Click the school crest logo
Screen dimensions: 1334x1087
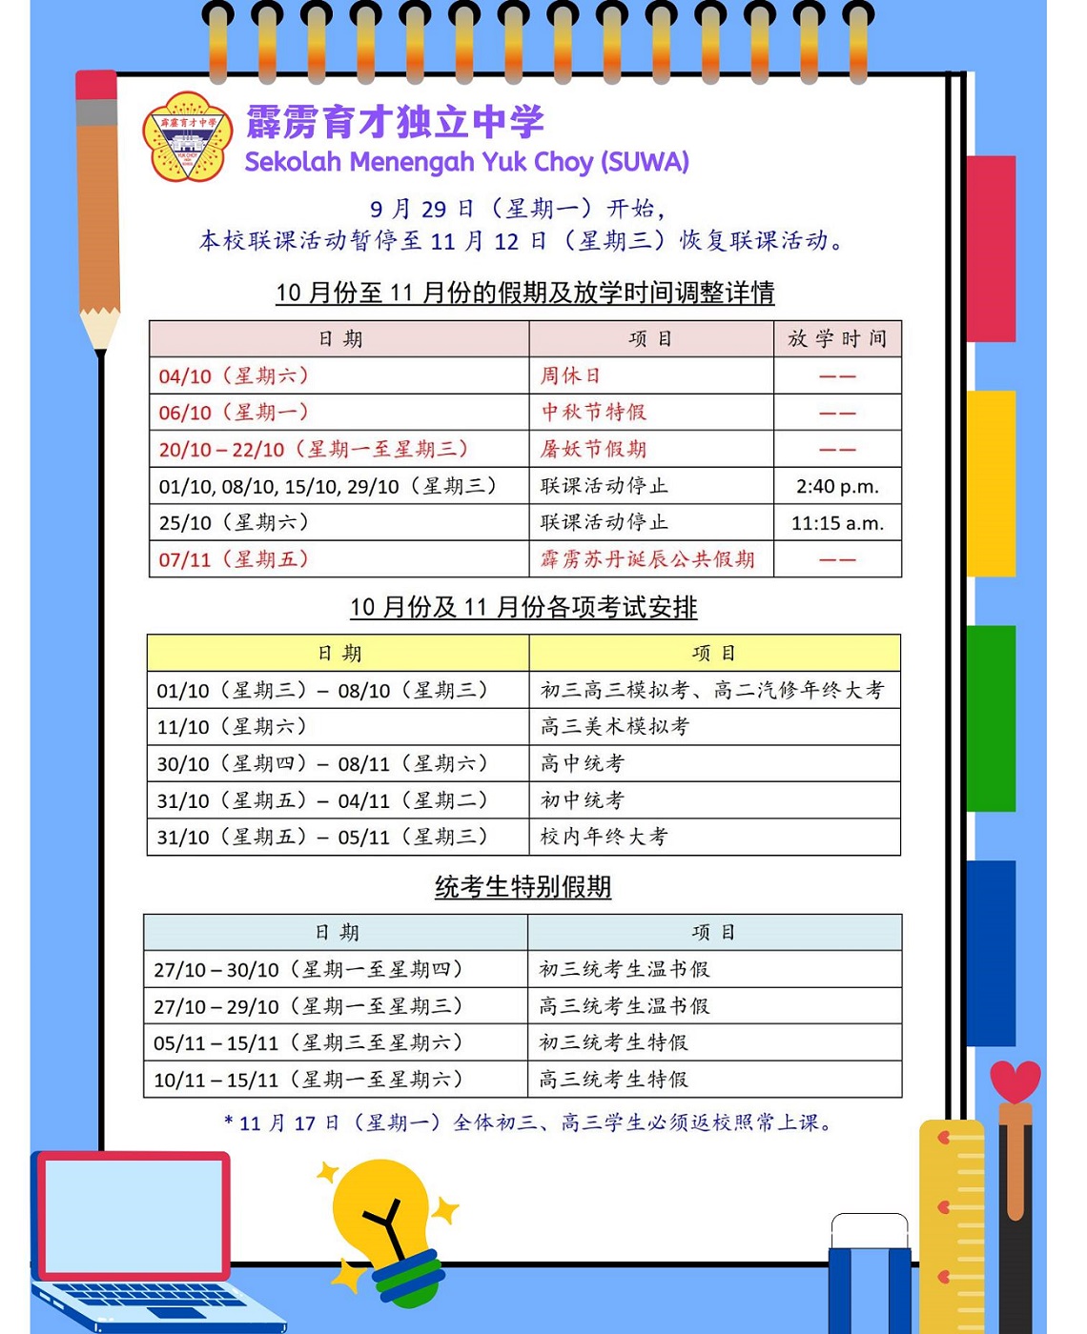(x=187, y=136)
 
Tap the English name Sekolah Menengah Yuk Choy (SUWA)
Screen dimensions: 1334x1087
(x=466, y=162)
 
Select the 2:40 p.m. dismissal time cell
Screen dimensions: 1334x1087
(x=837, y=486)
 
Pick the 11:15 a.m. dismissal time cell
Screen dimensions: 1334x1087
(x=837, y=523)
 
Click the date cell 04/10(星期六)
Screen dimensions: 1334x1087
(x=234, y=376)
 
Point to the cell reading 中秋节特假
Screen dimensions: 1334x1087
(x=593, y=413)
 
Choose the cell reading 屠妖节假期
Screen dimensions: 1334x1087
(x=593, y=449)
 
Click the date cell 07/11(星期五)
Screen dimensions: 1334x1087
(x=234, y=559)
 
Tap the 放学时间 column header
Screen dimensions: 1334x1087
(x=837, y=339)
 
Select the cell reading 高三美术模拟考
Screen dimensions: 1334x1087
(x=615, y=727)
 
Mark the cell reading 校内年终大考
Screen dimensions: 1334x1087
(x=604, y=837)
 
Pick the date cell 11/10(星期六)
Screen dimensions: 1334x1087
(x=232, y=727)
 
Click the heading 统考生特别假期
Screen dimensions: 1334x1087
(x=523, y=887)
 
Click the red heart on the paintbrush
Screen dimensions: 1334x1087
(x=1015, y=1081)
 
